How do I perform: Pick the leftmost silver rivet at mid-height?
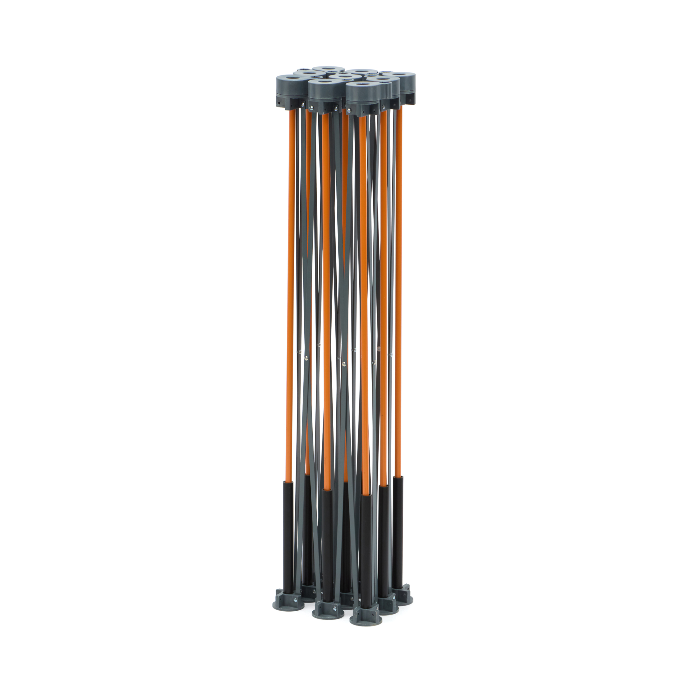(x=299, y=353)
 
